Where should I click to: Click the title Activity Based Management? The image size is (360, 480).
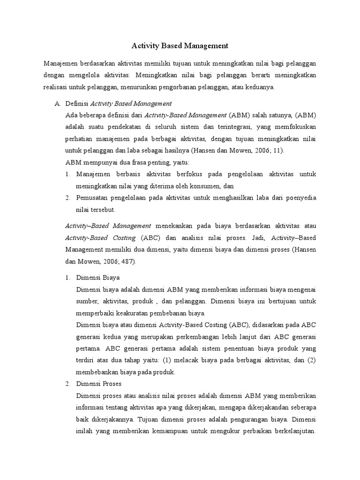coord(180,46)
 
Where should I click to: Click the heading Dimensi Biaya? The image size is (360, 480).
coord(98,277)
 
